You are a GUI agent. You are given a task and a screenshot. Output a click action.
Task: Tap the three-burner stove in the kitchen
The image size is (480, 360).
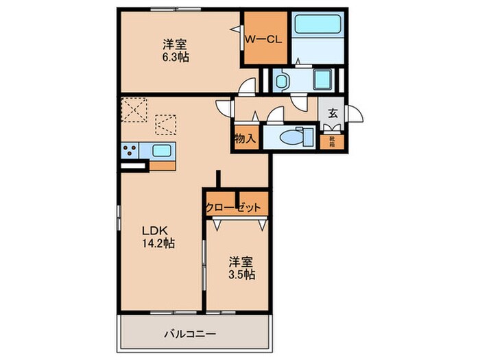[130, 152]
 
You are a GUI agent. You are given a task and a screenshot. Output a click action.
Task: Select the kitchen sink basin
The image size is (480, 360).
[162, 152]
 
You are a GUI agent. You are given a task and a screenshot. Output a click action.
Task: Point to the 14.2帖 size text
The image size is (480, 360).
[157, 243]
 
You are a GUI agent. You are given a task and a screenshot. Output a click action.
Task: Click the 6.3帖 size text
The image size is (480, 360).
[176, 58]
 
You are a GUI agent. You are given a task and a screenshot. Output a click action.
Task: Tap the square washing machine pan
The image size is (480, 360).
[322, 81]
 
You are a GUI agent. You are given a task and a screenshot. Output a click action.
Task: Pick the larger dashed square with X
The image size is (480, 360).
[134, 110]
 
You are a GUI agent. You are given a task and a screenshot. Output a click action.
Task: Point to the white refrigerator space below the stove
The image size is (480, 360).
[133, 165]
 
